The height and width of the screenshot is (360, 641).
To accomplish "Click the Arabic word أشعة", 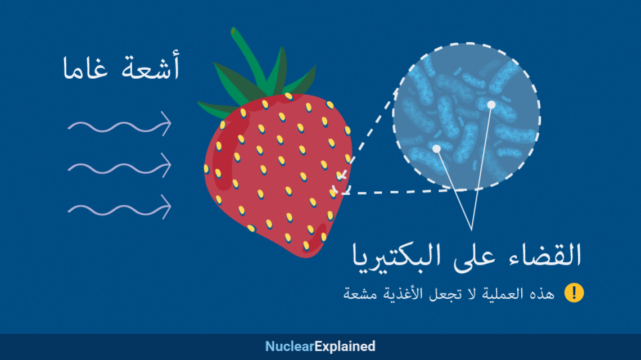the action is coord(151,65).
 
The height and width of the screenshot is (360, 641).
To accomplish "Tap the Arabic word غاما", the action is coord(85,68).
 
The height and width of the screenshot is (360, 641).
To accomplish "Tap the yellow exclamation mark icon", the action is coord(574,293).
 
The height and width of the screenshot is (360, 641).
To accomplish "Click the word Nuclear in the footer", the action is coord(290,346).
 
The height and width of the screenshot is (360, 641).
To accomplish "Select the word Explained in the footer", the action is coord(345,346).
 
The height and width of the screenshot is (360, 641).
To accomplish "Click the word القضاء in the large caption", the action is coord(545,255).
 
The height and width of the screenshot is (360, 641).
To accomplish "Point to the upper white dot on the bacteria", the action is coord(491,105).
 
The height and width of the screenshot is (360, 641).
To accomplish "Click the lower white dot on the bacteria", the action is coord(436,148).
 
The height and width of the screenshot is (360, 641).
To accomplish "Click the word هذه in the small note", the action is coord(541,294).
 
